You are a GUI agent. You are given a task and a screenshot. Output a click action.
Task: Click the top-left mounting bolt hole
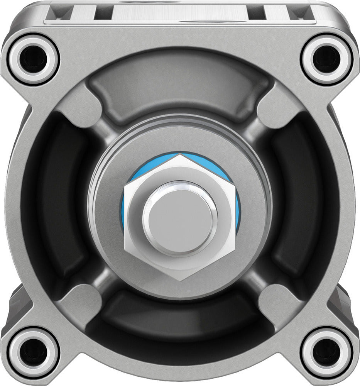(33, 59)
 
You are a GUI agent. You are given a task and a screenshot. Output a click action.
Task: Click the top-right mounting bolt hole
(326, 59)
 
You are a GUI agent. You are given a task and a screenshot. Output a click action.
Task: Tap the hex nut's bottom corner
(181, 281)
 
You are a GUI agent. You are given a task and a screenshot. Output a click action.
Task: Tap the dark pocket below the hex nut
(179, 317)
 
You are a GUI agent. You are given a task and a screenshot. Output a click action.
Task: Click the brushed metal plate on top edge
(179, 12)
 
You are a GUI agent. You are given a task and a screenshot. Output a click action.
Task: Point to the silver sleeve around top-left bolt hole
(15, 59)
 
